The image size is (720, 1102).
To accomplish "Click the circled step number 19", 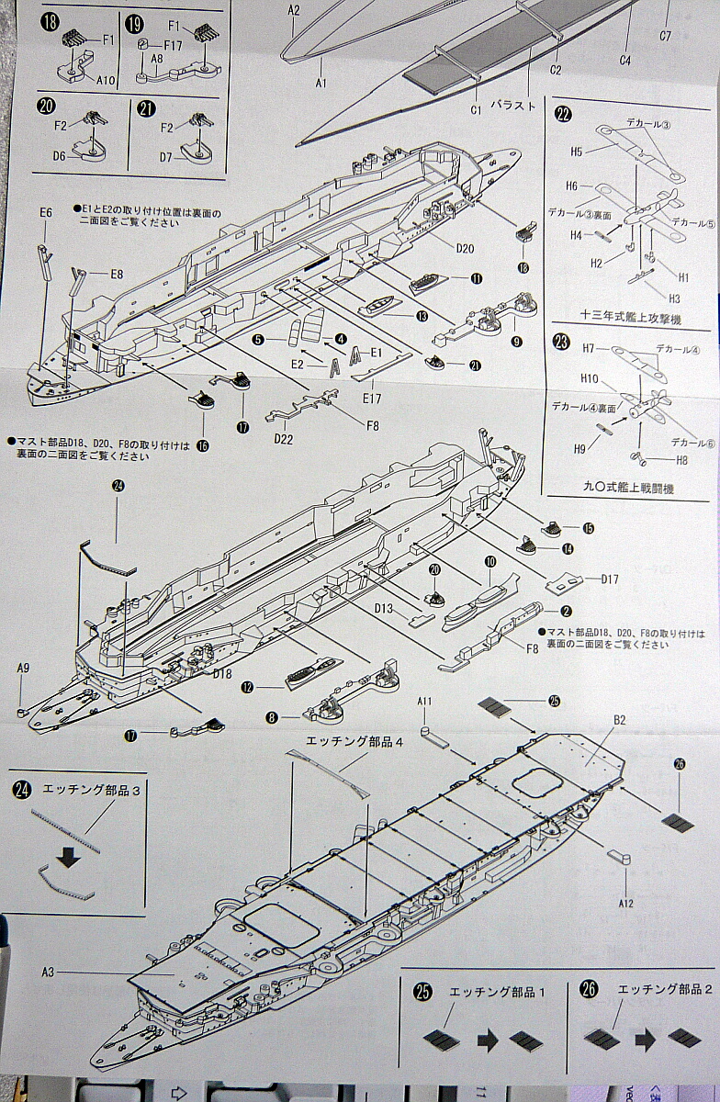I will point(133,23).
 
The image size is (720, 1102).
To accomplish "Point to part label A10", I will point(106,80).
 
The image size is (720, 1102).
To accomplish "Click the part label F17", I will point(173,44).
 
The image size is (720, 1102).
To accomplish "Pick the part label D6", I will point(60,156).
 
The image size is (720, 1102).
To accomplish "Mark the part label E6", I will point(47,213).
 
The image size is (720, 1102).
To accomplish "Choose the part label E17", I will point(371,398).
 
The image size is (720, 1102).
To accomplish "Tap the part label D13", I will point(384,608).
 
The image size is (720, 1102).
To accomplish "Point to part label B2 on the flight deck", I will point(620,720).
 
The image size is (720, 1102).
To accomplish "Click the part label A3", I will point(51,972).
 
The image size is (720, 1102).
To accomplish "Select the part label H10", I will point(590,378).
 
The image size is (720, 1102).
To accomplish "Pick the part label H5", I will point(576,151).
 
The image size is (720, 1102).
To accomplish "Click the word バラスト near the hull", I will point(513,106).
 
